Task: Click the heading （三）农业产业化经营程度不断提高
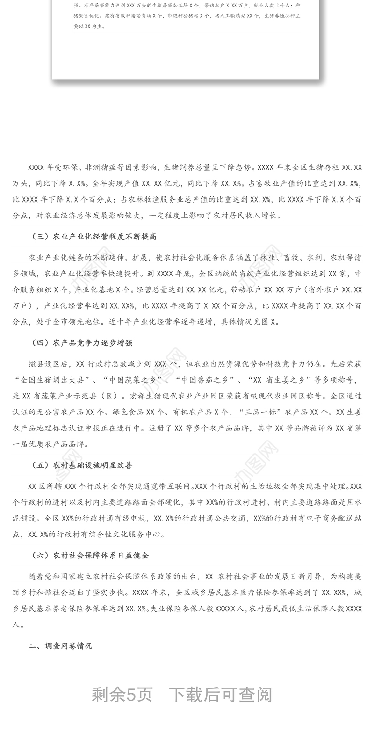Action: point(93,237)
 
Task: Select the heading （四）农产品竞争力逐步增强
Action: point(82,343)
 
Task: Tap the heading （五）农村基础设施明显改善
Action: point(82,465)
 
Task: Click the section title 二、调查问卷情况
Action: point(60,646)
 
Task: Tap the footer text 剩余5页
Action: point(122,695)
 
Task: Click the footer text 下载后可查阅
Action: point(220,695)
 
